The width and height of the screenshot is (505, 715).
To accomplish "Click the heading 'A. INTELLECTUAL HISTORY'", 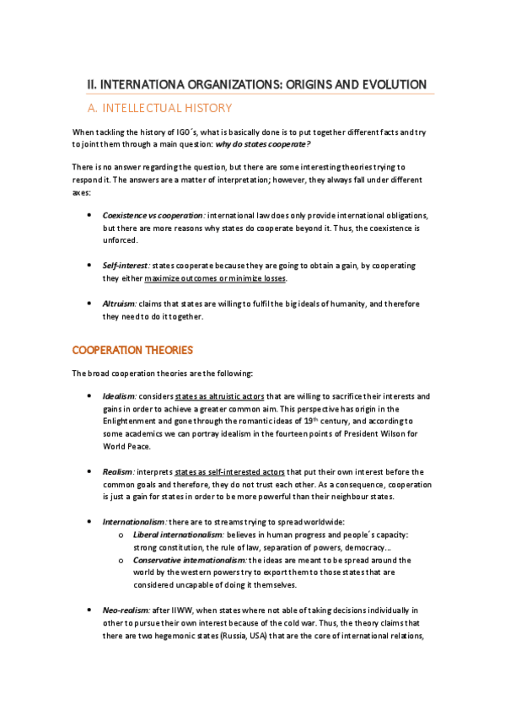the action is (160, 108).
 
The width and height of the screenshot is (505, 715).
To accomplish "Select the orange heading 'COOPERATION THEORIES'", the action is (132, 350).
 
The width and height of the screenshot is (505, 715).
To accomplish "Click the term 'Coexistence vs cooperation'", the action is (153, 216).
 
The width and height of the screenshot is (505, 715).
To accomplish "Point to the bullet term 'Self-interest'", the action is (126, 265).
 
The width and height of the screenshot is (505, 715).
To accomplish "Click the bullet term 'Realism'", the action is (117, 471).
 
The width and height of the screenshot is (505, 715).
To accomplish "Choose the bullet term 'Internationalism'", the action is (133, 522).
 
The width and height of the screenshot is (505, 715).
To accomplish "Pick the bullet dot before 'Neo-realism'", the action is (90, 609).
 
